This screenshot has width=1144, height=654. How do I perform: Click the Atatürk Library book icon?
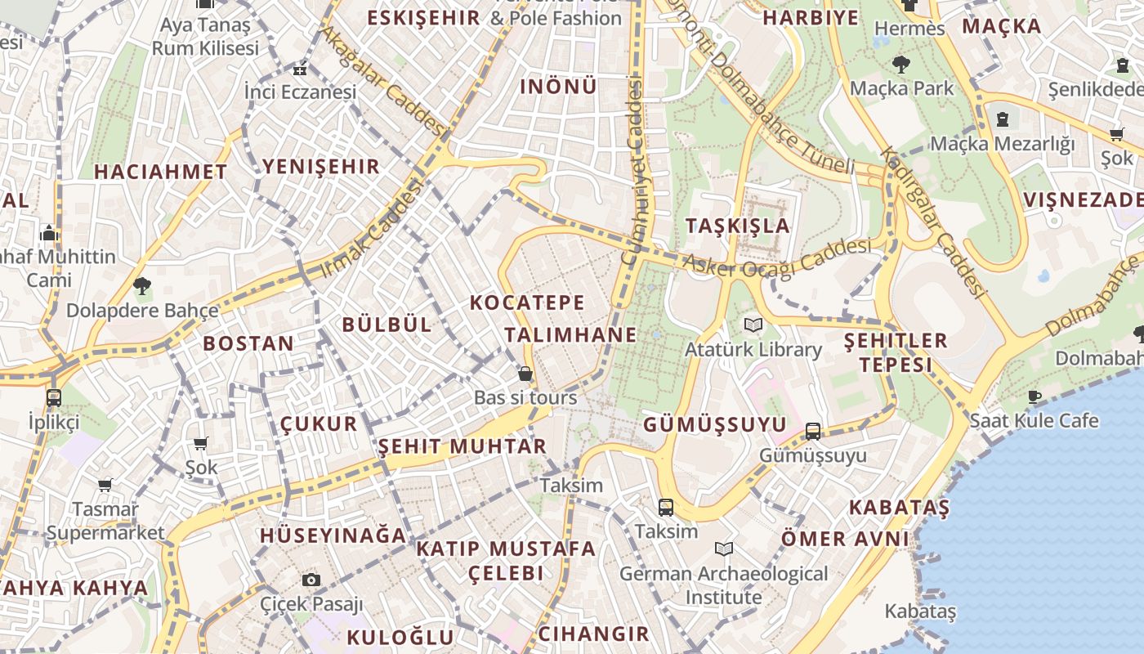(x=753, y=325)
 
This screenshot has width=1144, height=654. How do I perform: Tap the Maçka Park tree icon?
(x=901, y=64)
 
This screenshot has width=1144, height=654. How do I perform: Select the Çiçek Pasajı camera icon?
(x=311, y=580)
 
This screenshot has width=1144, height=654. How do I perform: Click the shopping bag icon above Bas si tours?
(x=525, y=374)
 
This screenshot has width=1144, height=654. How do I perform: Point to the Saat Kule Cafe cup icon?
(x=1035, y=396)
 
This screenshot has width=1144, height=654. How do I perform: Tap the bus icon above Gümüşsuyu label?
(x=812, y=431)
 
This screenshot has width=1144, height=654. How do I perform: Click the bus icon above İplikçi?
(x=54, y=398)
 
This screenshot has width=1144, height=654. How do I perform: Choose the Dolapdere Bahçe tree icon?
(x=142, y=286)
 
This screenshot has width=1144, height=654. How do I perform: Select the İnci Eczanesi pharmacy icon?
(x=301, y=69)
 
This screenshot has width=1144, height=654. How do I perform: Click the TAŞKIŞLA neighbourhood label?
(x=738, y=226)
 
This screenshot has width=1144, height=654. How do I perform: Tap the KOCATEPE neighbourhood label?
(x=527, y=302)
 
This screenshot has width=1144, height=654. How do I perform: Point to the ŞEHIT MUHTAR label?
(x=463, y=446)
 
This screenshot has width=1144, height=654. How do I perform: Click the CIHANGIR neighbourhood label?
(x=593, y=634)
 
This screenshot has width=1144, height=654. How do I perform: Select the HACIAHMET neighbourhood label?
(x=160, y=172)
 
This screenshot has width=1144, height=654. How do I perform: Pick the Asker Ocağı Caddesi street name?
(x=776, y=257)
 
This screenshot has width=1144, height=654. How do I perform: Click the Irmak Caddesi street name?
(x=373, y=228)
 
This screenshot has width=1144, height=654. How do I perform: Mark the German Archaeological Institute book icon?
(x=723, y=549)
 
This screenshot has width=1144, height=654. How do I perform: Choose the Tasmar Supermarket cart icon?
(x=105, y=486)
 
